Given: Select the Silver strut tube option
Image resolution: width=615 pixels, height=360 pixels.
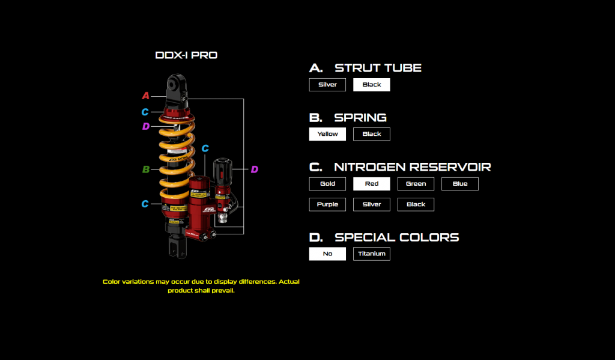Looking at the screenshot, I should coord(327,85).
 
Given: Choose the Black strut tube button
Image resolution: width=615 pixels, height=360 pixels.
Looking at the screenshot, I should coord(372,85).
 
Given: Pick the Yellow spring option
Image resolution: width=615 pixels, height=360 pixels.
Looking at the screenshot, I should coord(327,134).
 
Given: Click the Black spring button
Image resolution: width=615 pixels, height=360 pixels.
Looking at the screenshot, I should coord(372,134).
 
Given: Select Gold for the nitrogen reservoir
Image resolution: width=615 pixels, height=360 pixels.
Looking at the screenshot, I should coord(327,184).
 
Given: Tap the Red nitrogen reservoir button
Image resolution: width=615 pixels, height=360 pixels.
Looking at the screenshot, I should coord(372,184).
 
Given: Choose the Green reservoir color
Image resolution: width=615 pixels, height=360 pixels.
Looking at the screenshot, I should coord(416,184).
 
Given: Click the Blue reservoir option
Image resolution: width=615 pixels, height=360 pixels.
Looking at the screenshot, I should coord(460,184).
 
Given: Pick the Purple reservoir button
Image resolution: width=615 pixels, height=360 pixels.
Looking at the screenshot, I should coord(327,204).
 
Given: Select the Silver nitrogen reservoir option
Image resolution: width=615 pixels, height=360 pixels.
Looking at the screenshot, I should coord(372,204).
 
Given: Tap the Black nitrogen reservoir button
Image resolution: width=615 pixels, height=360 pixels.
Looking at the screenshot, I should coord(416,204).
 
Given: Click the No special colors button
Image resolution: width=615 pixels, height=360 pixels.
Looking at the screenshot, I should coord(327,254).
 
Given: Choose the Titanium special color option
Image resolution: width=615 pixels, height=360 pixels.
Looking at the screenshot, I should coord(372,254).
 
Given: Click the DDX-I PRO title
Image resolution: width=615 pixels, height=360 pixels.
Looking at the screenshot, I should coord(186,55).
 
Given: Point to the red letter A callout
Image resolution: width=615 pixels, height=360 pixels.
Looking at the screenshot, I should coord(145,96).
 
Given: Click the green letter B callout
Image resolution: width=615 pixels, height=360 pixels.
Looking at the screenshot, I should coord(145,169).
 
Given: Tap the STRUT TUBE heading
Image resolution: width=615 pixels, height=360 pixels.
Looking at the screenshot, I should coord(378,68).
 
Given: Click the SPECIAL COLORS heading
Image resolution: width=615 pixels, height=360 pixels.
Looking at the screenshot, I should coord(396,237).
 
